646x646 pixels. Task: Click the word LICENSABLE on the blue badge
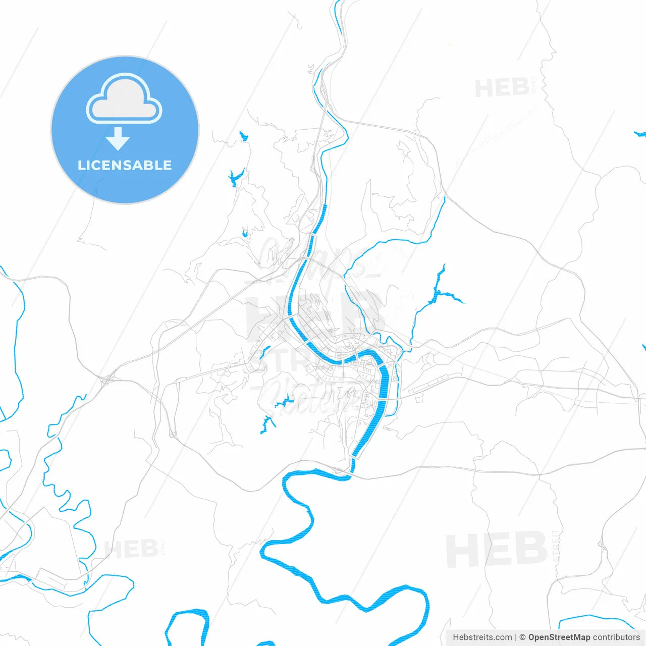click(x=125, y=165)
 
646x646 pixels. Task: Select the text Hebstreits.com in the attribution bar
click(x=482, y=637)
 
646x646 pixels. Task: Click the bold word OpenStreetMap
click(x=559, y=637)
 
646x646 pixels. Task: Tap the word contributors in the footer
click(x=616, y=637)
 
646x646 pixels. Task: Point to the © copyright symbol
click(x=523, y=637)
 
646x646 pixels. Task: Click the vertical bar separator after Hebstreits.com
click(x=516, y=637)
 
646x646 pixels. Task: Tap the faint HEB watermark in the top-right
click(x=502, y=88)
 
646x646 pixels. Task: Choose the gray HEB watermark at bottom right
click(x=497, y=549)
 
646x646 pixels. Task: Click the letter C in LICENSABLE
click(x=98, y=165)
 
